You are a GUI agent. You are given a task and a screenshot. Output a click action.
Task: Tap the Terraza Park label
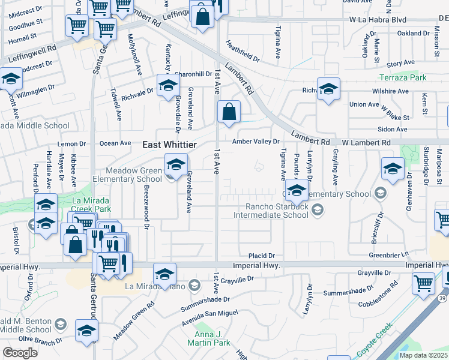point(403,78)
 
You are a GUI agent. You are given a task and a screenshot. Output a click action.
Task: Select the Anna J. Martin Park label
point(212,338)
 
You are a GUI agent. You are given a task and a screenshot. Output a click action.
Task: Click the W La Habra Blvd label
point(379,19)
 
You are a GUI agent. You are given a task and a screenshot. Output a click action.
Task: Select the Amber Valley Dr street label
point(256,142)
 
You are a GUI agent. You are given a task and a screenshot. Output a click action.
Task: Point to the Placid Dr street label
point(262,255)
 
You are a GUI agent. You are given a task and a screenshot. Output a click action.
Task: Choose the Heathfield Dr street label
point(242,52)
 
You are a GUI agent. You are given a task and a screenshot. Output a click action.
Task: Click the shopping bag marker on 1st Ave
point(229,112)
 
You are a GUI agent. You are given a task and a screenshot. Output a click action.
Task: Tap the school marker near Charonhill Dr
point(168,86)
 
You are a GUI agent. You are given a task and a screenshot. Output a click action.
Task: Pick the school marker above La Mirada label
point(164,275)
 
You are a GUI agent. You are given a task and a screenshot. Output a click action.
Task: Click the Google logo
point(20,353)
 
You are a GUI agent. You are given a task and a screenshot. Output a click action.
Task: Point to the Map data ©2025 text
point(423,355)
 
